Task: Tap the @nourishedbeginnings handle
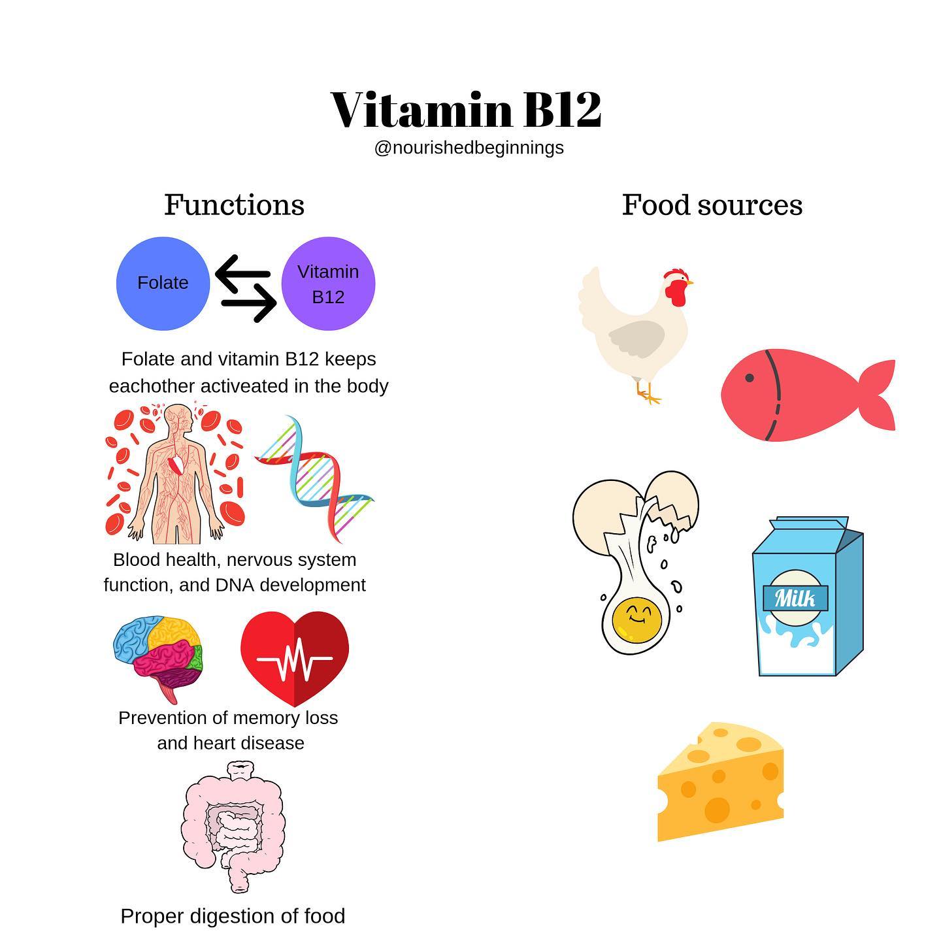coord(469,148)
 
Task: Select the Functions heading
coord(235,205)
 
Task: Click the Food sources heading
coord(712,205)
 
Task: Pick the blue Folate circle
coord(163,283)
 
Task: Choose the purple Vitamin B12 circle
coord(328,283)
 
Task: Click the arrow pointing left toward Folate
coord(242,273)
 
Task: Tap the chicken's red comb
coord(675,275)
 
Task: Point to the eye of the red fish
coord(749,378)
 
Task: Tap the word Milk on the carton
coord(795,598)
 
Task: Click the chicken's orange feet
coord(648,394)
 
